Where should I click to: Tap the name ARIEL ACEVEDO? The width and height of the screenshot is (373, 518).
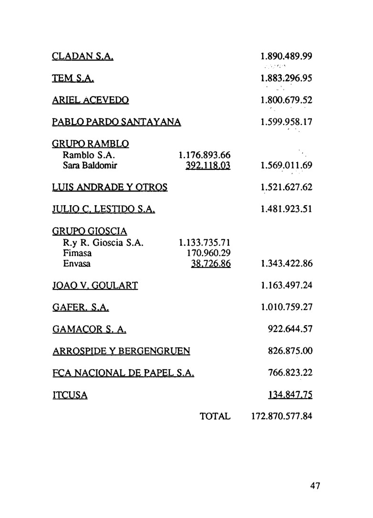coord(90,101)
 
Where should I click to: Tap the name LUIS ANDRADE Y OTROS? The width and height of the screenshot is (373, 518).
coord(109,187)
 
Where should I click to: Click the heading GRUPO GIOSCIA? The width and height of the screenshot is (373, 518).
coord(89,232)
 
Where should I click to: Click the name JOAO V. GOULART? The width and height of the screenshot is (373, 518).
coord(95,286)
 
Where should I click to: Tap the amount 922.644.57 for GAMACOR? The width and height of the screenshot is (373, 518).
coord(290,329)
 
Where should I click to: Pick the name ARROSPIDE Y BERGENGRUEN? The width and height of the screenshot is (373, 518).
coord(121,352)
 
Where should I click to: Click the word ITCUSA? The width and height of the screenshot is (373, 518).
coord(70,395)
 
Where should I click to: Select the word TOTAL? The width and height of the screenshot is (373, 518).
coord(215,417)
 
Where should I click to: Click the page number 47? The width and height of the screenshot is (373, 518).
coord(315,486)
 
